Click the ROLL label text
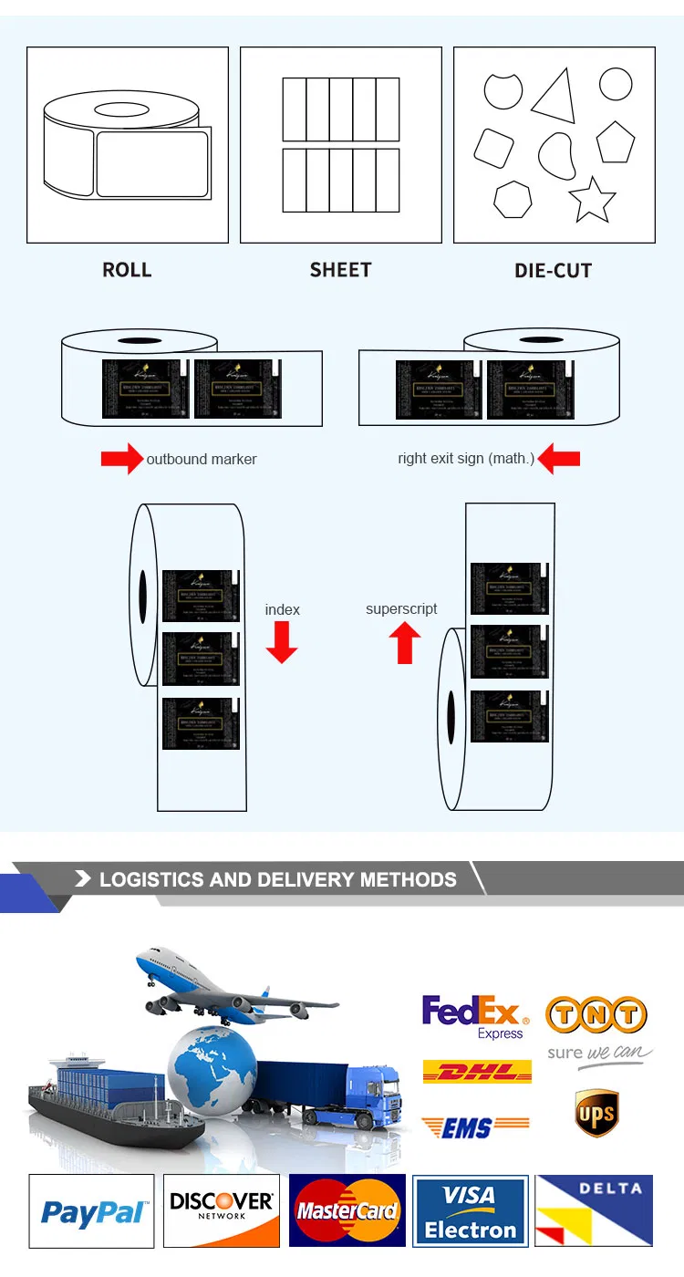pos(127,270)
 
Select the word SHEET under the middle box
pos(340,270)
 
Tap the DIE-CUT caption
pos(554,271)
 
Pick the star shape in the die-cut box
pos(592,200)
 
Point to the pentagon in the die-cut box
pos(616,141)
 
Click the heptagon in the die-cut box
pos(513,199)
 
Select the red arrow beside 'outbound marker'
pos(122,459)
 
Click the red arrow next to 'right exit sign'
pos(559,459)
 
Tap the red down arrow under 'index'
pos(282,641)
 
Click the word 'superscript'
pos(401,609)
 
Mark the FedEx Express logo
pos(475,1016)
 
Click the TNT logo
pos(596,1014)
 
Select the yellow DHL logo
pos(477,1072)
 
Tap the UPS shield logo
pos(596,1114)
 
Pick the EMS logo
pos(475,1127)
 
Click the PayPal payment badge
pos(91,1211)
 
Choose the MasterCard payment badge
pos(347,1211)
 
